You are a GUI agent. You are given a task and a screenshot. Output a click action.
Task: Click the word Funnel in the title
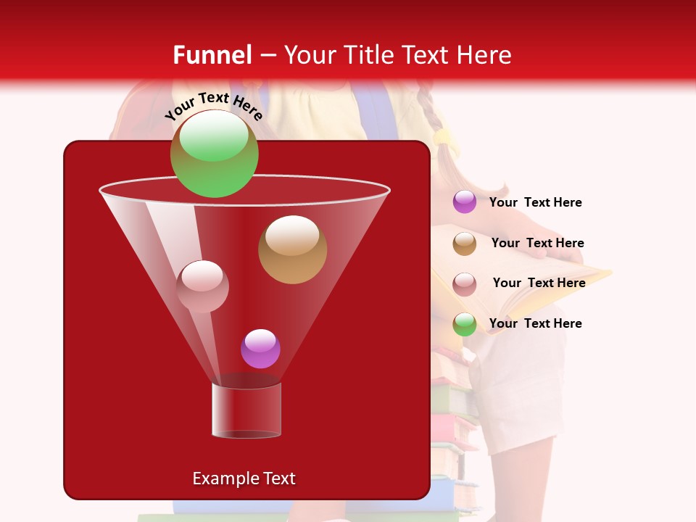pyautogui.click(x=212, y=55)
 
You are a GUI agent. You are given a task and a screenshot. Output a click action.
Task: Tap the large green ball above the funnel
pyautogui.click(x=214, y=153)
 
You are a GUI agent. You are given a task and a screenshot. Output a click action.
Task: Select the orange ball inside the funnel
pyautogui.click(x=292, y=249)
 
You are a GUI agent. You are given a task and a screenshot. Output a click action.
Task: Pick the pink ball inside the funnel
pyautogui.click(x=202, y=286)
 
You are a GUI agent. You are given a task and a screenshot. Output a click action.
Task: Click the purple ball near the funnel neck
pyautogui.click(x=260, y=349)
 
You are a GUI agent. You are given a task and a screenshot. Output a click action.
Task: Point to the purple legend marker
pyautogui.click(x=465, y=202)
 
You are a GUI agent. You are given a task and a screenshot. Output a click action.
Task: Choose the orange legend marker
pyautogui.click(x=465, y=244)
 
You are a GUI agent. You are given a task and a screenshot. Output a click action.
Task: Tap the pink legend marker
pyautogui.click(x=465, y=284)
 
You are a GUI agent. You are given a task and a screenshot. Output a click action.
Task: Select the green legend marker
pyautogui.click(x=465, y=324)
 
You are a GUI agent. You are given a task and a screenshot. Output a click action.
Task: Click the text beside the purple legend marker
pyautogui.click(x=535, y=202)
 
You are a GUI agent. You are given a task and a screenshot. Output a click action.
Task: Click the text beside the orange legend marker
pyautogui.click(x=537, y=243)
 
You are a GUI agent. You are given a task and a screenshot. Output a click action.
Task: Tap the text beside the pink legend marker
pyautogui.click(x=539, y=283)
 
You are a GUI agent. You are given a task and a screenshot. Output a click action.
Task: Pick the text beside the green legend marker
pyautogui.click(x=535, y=323)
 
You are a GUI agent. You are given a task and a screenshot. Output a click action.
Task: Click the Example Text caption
pyautogui.click(x=244, y=478)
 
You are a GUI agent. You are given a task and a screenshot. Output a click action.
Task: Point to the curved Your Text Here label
pyautogui.click(x=213, y=106)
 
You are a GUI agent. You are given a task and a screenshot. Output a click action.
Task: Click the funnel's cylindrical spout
pyautogui.click(x=246, y=410)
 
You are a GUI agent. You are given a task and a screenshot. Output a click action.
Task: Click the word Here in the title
pyautogui.click(x=484, y=55)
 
